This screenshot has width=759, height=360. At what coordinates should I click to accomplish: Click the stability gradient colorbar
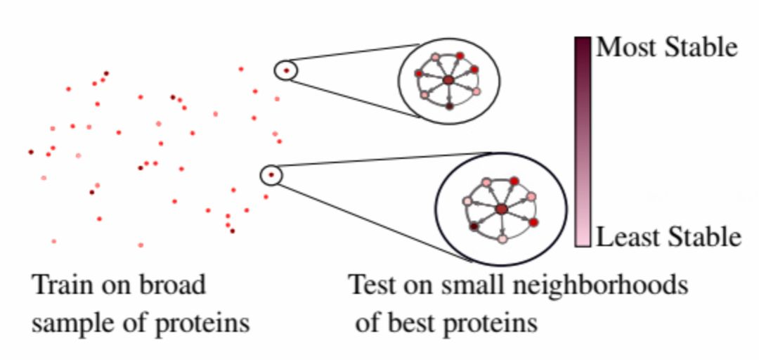583,141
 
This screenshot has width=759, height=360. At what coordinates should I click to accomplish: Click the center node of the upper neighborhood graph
448,81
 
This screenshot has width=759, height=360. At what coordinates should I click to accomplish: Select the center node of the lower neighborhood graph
501,209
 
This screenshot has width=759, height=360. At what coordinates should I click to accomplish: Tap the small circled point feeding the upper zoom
286,70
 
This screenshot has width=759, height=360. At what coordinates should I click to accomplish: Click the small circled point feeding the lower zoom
271,174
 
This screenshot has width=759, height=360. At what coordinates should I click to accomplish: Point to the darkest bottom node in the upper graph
449,106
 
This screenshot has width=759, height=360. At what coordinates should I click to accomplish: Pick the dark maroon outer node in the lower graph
474,227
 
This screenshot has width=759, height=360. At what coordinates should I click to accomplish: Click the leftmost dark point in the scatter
31,151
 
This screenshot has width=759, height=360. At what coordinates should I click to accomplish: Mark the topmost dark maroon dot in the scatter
107,72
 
